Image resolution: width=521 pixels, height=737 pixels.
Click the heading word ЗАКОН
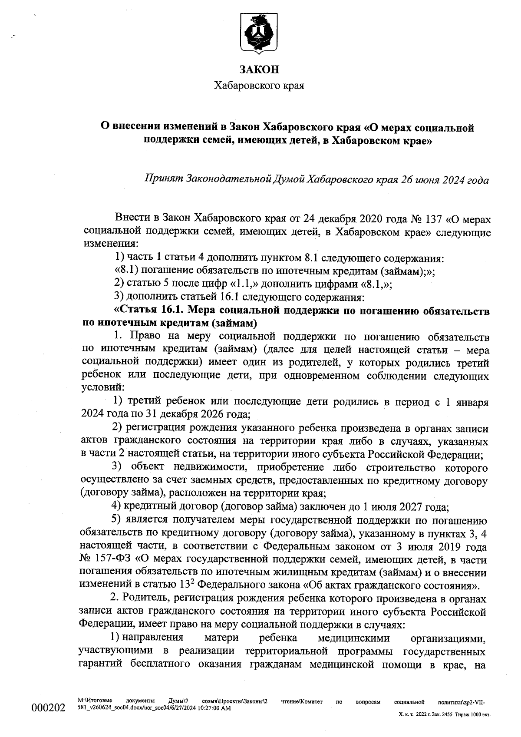[259, 69]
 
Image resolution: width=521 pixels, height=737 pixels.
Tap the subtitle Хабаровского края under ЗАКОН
[259, 86]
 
